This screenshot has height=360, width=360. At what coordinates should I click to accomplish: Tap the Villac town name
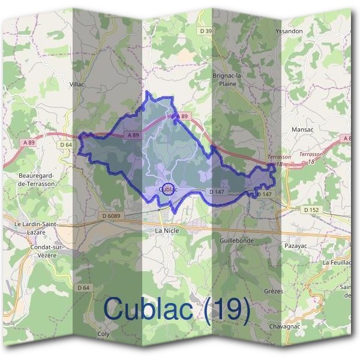pos(78,85)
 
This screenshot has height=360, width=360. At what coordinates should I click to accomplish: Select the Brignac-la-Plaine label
pos(228,80)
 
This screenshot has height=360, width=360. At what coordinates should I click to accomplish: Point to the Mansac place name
pos(302,130)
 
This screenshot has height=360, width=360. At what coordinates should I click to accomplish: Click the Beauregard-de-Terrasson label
pos(37,179)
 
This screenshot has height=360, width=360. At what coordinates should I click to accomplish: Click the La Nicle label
pos(167,230)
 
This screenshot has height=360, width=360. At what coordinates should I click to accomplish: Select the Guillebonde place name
pos(237,240)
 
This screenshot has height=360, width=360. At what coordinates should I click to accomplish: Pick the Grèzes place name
pos(273,291)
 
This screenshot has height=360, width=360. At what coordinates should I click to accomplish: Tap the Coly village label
pos(104,334)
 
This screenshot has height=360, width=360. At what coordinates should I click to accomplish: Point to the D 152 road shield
pos(310,209)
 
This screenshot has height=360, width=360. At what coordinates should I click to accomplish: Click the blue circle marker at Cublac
pos(169,189)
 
